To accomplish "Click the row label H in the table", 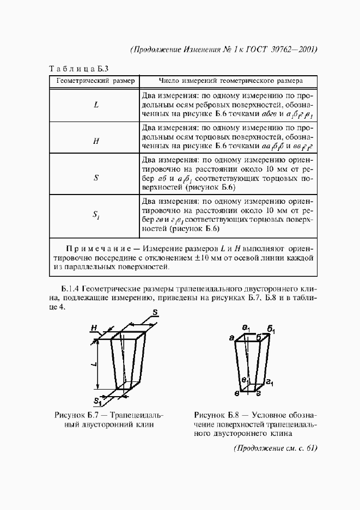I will point(95,141).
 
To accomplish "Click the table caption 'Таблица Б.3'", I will point(80,69).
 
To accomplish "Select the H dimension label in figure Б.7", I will point(94,329).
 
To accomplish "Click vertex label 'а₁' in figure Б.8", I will point(246,329).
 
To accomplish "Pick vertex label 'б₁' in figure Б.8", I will point(271,331).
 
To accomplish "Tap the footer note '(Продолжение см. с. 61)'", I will point(275,448).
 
